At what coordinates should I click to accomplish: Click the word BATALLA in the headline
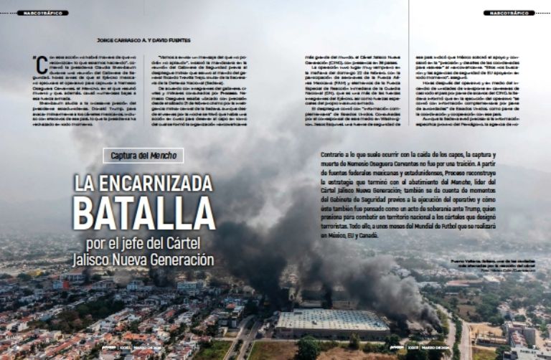(x=143, y=212)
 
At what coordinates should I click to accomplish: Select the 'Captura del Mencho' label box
(x=143, y=155)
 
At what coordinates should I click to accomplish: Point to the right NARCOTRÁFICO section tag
(x=509, y=13)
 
